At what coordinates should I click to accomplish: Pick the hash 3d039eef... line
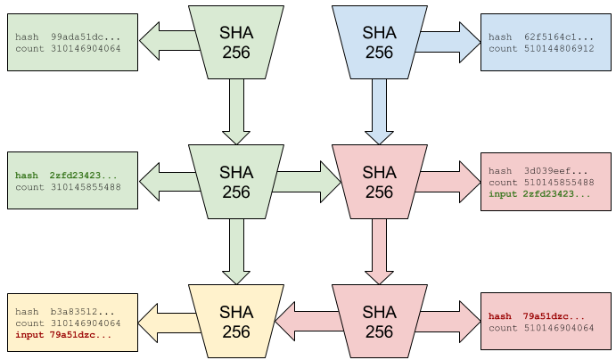click(x=538, y=170)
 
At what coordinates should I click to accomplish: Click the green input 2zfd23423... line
click(x=538, y=193)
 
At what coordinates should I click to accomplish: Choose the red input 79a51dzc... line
click(x=62, y=335)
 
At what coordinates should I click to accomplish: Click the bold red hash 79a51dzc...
click(x=537, y=316)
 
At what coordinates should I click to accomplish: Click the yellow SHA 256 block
click(x=236, y=322)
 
